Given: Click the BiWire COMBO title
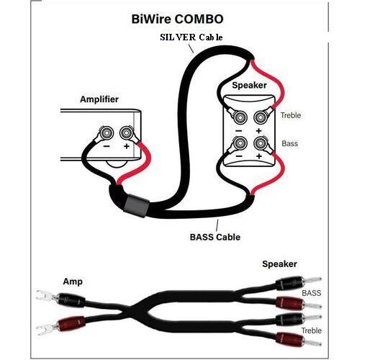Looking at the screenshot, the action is coord(177,19).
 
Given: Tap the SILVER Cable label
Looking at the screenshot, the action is coord(191,37).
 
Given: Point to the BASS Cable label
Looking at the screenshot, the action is coord(215,237).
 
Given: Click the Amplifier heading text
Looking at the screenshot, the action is coord(99,99).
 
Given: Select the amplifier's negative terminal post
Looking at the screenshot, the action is coord(107,132).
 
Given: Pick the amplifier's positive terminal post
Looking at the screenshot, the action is coord(126,132).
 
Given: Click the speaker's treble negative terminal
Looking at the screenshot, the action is coord(240,117).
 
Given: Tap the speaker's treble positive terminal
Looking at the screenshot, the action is coord(261,117).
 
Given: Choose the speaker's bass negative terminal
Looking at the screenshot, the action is coord(240,143).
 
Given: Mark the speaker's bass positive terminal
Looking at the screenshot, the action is coord(261,143).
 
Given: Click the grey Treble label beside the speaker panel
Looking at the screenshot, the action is coord(291,115).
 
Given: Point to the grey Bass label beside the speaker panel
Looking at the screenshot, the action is coord(289,143).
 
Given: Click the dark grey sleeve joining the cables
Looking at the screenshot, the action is coord(136,206).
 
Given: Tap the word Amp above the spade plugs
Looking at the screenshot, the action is coord(73,282).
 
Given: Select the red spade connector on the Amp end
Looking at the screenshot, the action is coord(60,325).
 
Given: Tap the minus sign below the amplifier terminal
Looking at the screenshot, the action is coord(107,146).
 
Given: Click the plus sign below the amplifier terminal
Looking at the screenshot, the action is coord(127,146).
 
